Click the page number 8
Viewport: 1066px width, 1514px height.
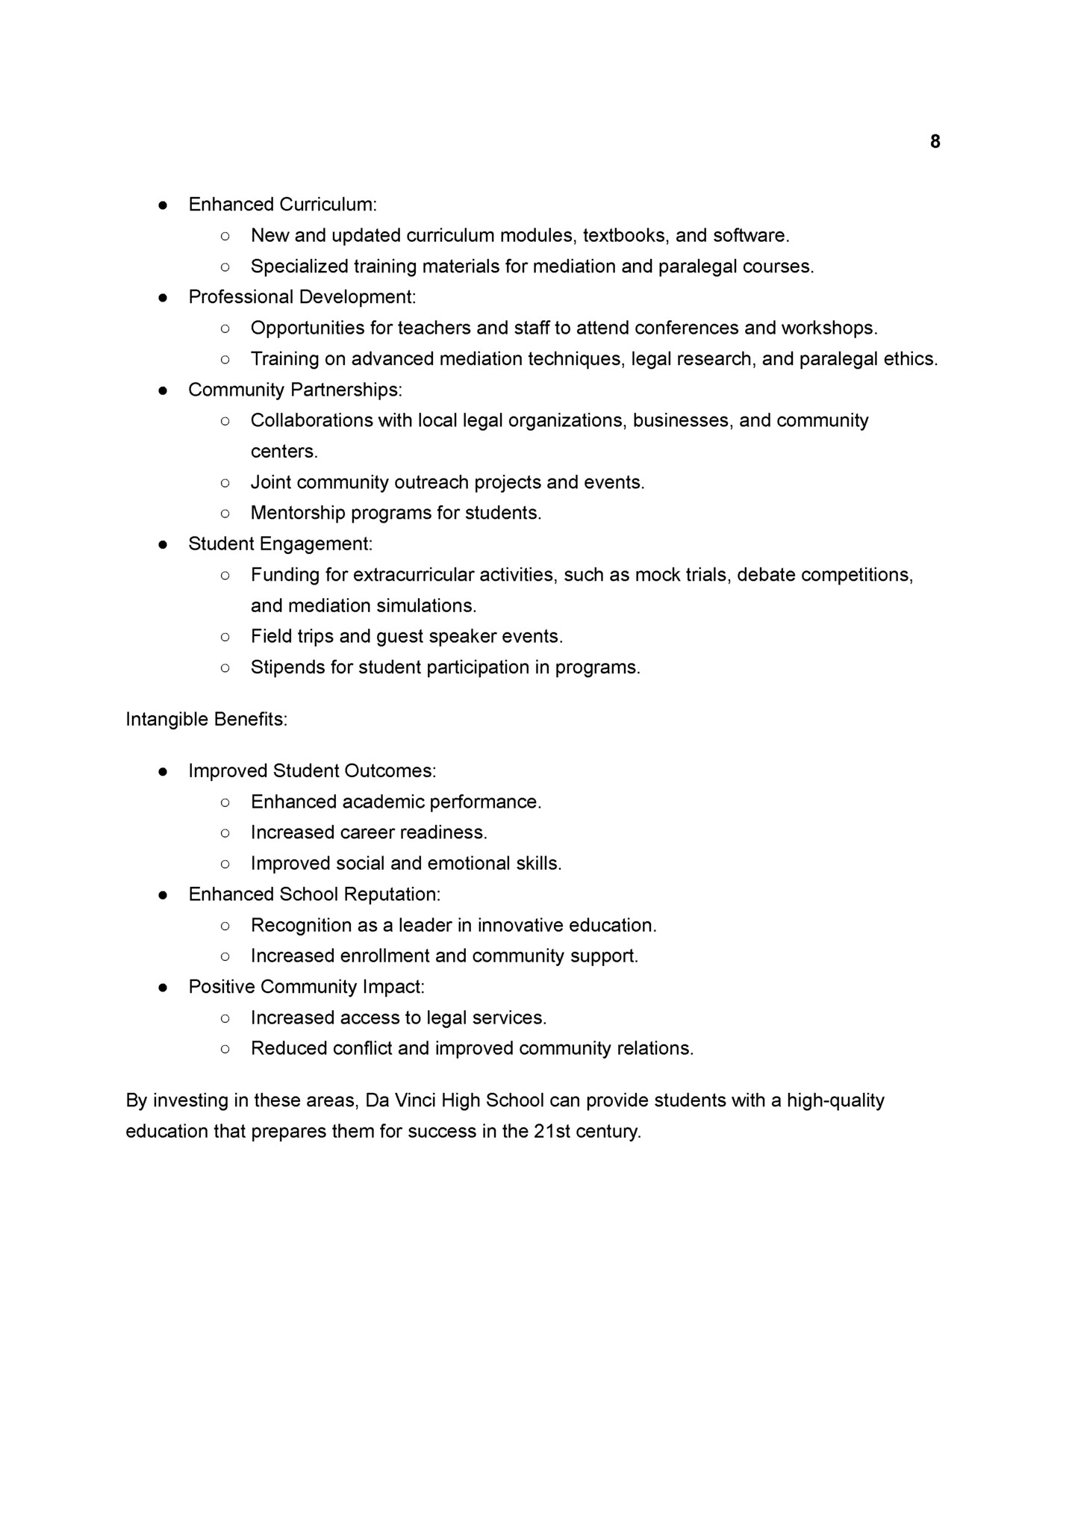pyautogui.click(x=935, y=142)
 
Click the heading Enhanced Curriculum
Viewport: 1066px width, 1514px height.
pyautogui.click(x=282, y=205)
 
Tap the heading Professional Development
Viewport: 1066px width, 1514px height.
pyautogui.click(x=302, y=297)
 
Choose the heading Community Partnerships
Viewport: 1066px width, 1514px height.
pyautogui.click(x=295, y=390)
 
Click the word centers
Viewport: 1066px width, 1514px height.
pyautogui.click(x=284, y=452)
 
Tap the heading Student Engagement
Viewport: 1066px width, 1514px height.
pyautogui.click(x=280, y=544)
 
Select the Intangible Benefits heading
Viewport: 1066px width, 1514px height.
pyautogui.click(x=206, y=720)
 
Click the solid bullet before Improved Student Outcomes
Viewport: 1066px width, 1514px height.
pyautogui.click(x=163, y=771)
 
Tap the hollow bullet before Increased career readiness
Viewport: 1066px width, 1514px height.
pyautogui.click(x=225, y=833)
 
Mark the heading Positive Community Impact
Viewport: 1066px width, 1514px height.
pyautogui.click(x=306, y=987)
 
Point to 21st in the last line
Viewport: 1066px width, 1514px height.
pyautogui.click(x=552, y=1132)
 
